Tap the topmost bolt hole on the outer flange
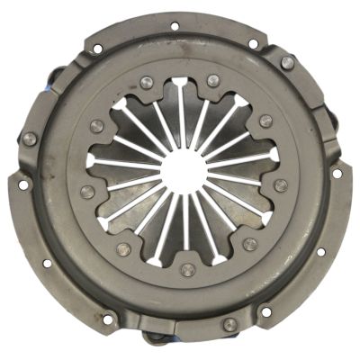point(174,25)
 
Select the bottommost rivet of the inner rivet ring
point(187,269)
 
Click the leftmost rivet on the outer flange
point(30,139)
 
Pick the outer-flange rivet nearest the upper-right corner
point(287,62)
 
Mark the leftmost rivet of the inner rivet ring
point(86,190)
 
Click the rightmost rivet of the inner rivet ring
point(281,185)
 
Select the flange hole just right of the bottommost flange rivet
point(265,312)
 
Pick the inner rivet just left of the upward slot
point(148,83)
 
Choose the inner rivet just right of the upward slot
point(212,81)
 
